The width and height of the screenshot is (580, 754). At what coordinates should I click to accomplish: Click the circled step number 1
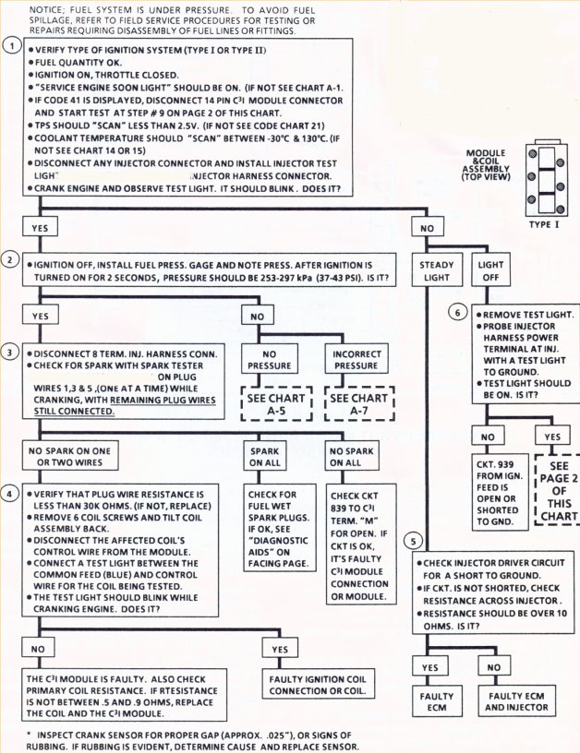pos(10,44)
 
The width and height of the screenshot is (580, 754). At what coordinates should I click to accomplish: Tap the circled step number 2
pos(10,260)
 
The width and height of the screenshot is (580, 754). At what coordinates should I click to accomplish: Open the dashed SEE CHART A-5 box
pos(273,402)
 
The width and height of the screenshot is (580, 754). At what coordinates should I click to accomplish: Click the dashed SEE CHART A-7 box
pos(357,402)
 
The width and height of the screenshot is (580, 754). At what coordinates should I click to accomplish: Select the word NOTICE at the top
pos(47,8)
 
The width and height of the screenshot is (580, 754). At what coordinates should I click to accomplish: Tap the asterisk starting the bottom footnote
pos(30,735)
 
